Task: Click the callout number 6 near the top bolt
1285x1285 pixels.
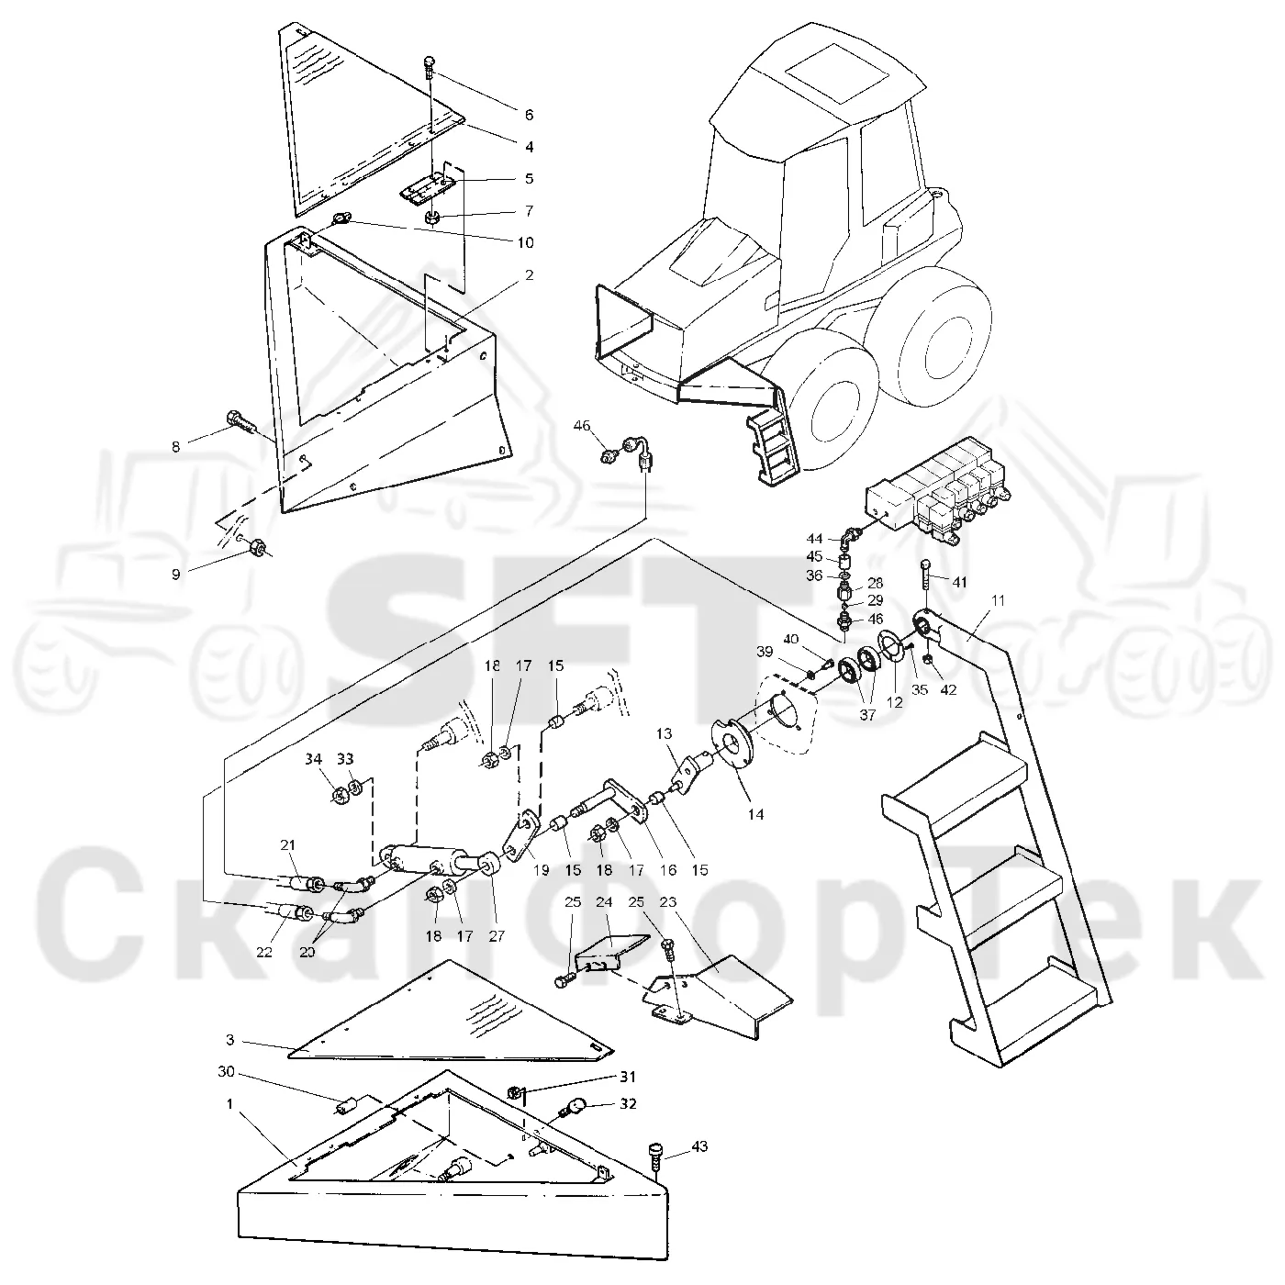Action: click(529, 115)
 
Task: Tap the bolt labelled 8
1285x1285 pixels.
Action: click(241, 421)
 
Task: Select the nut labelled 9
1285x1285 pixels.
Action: click(255, 548)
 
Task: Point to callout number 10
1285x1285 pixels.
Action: click(525, 242)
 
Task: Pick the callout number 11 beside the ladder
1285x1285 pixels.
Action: click(998, 600)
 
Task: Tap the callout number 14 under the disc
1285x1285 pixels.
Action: click(755, 814)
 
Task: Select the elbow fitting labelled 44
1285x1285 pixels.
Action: click(850, 534)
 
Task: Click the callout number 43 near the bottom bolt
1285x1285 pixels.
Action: click(698, 1146)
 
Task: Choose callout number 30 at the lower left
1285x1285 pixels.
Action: click(226, 1072)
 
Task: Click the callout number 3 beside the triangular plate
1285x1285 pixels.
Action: click(230, 1040)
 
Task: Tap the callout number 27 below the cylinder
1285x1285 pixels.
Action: click(497, 935)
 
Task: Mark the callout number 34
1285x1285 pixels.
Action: click(313, 759)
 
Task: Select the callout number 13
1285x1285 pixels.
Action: click(664, 733)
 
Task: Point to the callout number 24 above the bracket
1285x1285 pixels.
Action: click(603, 901)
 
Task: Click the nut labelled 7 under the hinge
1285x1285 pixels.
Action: click(430, 217)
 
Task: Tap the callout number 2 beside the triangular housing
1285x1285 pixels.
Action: click(529, 274)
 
